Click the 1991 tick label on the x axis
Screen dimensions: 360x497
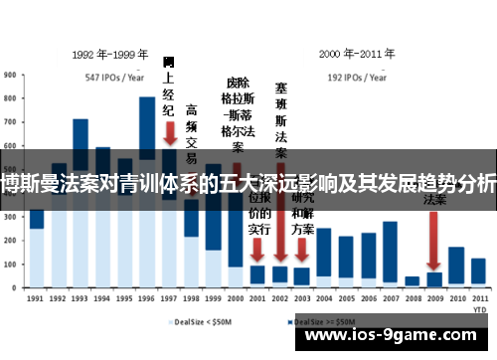(36, 296)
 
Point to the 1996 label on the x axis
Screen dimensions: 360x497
(147, 296)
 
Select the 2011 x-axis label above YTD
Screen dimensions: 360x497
(479, 295)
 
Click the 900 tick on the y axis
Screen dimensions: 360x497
(8, 73)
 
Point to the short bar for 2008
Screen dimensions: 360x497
(412, 280)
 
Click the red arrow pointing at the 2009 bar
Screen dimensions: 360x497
(434, 234)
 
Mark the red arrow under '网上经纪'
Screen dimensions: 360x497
(170, 132)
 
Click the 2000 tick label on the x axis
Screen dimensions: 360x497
(236, 296)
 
